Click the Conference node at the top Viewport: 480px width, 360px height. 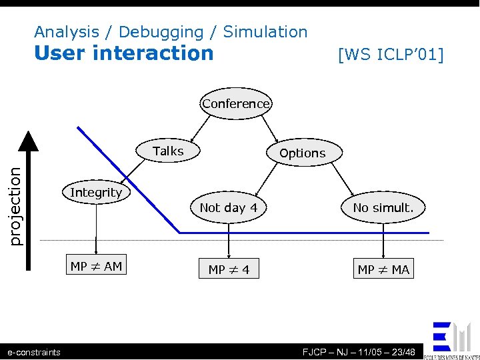coord(236,103)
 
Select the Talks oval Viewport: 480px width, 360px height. coord(169,151)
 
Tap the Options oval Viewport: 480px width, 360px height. coord(303,153)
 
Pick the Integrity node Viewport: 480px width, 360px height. coord(96,192)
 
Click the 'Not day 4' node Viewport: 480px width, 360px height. coord(229,207)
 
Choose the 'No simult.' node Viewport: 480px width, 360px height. coord(383,207)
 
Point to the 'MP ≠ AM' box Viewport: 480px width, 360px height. coord(96,267)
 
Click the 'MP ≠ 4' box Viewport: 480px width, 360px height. coord(229,269)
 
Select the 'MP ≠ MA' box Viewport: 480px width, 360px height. coord(383,269)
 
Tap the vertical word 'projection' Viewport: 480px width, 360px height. coord(15,206)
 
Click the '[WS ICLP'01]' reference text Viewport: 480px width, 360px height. coord(391,54)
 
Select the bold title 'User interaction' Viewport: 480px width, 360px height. coord(124,53)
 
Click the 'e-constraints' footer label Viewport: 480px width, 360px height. coord(33,352)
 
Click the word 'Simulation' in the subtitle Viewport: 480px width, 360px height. coord(265,31)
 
